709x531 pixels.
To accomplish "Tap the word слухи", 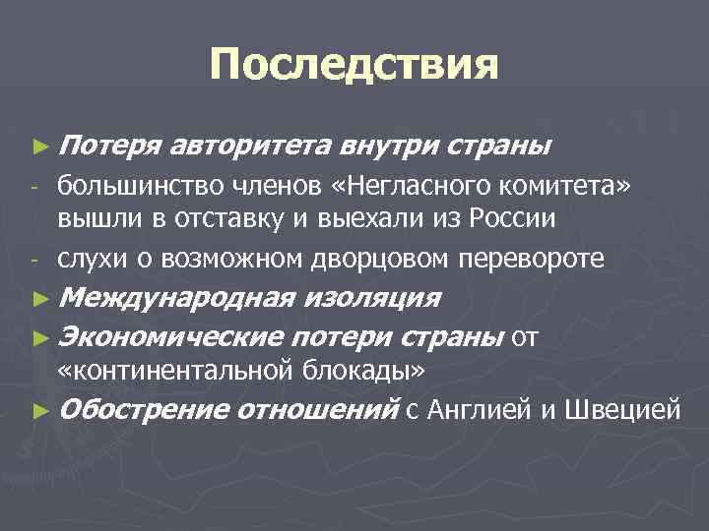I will coord(88,258).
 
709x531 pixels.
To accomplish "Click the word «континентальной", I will coord(172,369).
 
